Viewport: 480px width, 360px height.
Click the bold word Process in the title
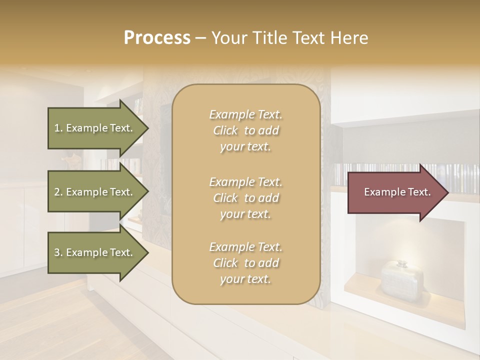pos(157,38)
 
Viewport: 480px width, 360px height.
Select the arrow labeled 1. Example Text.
pos(95,128)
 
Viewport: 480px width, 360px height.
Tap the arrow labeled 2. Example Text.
pos(95,192)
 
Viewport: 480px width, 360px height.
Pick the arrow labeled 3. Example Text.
pos(95,252)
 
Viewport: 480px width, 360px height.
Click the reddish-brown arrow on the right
pos(395,192)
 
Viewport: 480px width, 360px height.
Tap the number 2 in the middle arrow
pos(57,192)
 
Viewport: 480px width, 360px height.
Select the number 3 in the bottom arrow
pos(57,252)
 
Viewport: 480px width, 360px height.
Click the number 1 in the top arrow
pos(57,128)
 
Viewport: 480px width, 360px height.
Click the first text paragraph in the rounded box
pos(245,130)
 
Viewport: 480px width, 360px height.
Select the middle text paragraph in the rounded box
pos(245,197)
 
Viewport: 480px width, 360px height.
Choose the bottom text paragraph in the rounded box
pos(245,263)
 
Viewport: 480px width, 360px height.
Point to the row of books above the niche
pos(390,172)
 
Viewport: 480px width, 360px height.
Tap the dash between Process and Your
pos(201,38)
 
